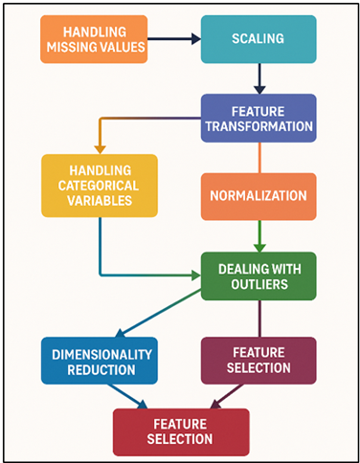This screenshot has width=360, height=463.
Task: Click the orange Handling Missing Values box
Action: point(94,39)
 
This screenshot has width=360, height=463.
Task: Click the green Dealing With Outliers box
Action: point(259,276)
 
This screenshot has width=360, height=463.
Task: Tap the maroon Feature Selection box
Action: point(259,360)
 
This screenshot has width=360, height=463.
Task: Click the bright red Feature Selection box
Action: point(180,431)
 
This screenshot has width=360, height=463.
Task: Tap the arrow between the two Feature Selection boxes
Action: point(228,396)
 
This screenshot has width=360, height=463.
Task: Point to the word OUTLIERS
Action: point(259,284)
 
